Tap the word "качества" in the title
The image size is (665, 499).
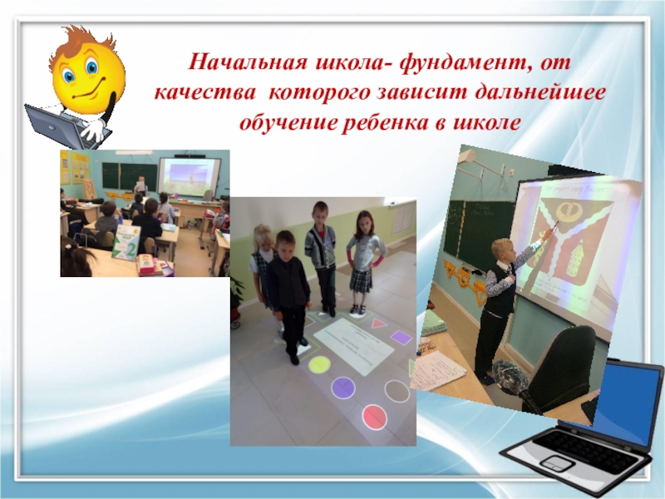(x=200, y=92)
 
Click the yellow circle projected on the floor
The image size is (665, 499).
(x=319, y=363)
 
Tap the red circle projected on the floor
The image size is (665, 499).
(x=374, y=415)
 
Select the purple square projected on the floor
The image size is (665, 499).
(x=401, y=338)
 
